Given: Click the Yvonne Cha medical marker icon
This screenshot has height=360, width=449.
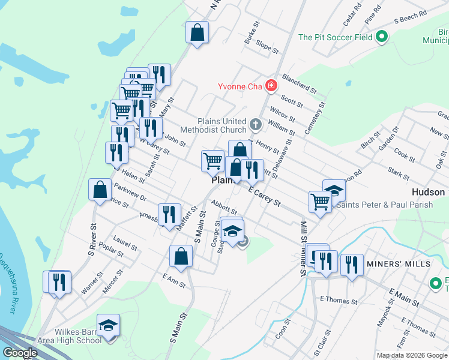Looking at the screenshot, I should pyautogui.click(x=271, y=86).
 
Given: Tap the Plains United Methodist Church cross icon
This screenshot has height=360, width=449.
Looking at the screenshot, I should pyautogui.click(x=256, y=125).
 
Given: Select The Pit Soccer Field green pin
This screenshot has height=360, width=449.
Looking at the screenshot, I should pyautogui.click(x=381, y=37).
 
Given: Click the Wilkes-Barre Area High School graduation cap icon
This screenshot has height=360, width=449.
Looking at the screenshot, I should pyautogui.click(x=108, y=326).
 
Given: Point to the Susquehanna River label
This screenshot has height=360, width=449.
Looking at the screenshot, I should pyautogui.click(x=8, y=281).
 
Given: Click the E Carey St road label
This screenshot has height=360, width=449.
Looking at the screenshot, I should pyautogui.click(x=265, y=196).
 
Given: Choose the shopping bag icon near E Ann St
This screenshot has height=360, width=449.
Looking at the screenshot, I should pyautogui.click(x=181, y=256).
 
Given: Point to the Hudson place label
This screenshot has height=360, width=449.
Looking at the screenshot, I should pyautogui.click(x=428, y=192).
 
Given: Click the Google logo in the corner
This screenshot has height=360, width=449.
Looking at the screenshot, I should pyautogui.click(x=20, y=353).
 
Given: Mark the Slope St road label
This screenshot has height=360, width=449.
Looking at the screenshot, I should pyautogui.click(x=267, y=47).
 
